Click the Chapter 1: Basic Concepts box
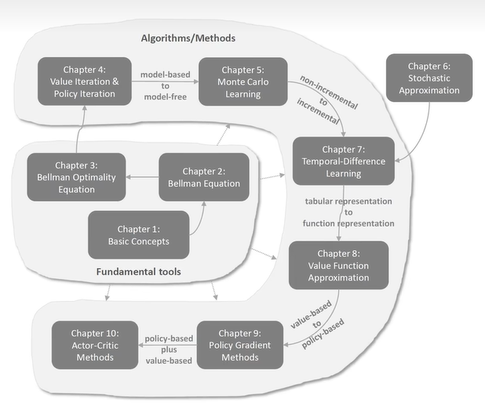[138, 234]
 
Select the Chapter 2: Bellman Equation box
[204, 177]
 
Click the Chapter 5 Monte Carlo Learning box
[242, 82]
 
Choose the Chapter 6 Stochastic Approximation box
[428, 78]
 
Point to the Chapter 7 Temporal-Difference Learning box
[343, 161]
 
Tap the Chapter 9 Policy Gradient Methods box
[239, 345]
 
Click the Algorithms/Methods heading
[188, 38]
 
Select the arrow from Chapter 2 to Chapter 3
[144, 177]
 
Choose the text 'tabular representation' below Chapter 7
[348, 201]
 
